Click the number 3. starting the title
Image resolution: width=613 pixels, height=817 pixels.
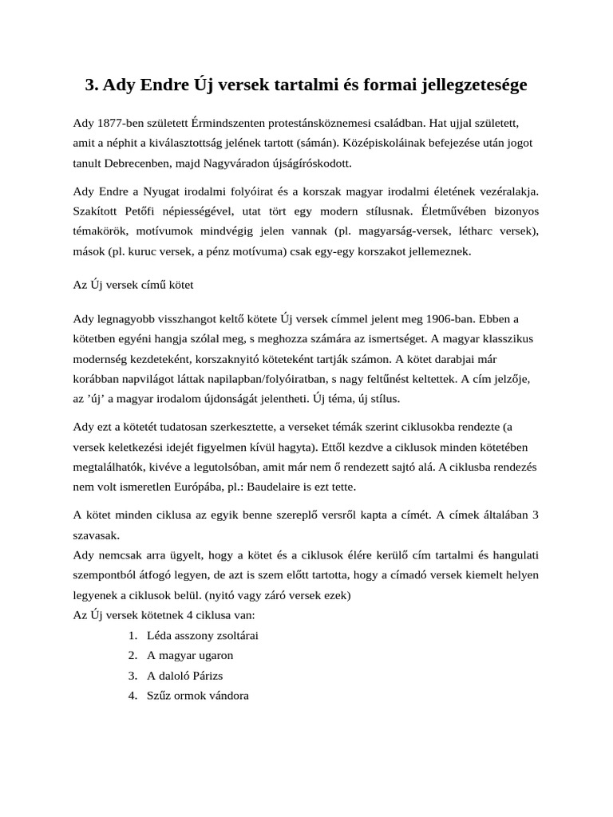click(92, 85)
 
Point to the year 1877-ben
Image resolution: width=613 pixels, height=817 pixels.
click(117, 124)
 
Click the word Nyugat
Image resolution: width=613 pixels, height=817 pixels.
click(170, 192)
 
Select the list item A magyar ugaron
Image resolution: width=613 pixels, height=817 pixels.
click(190, 656)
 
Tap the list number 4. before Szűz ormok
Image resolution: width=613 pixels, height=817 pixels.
click(132, 696)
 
